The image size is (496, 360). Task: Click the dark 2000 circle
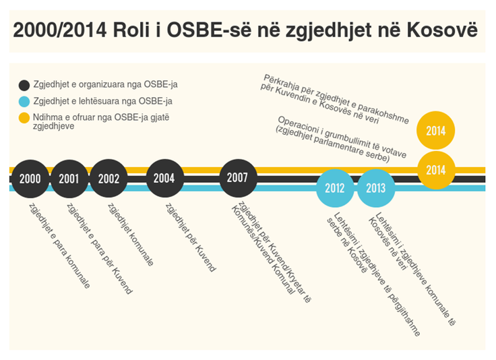tap(30, 179)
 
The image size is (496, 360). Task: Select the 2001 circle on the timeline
tap(69, 179)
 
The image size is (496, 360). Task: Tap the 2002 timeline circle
tap(108, 179)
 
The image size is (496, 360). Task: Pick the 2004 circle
tap(164, 179)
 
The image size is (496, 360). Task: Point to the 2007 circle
tap(237, 178)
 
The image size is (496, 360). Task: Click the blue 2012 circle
tap(335, 187)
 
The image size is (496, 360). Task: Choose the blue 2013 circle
tap(375, 187)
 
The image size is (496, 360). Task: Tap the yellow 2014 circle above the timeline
tap(436, 131)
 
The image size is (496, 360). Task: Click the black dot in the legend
tap(24, 85)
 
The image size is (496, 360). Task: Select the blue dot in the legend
tap(24, 102)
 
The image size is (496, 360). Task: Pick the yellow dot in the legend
tap(24, 118)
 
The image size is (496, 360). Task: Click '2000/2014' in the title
tap(60, 30)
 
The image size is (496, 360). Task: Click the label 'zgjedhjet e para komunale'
tap(59, 246)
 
